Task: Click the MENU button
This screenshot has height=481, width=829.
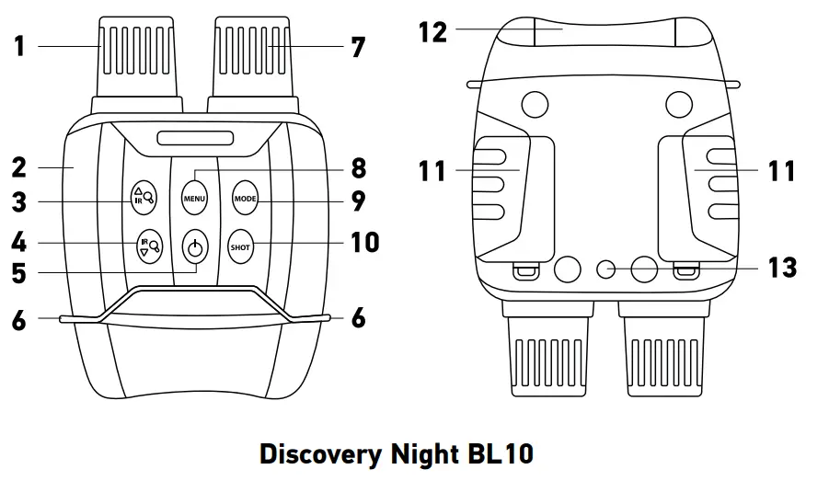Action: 194,197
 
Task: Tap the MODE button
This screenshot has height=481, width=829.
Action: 243,197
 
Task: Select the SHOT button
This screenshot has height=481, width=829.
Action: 240,246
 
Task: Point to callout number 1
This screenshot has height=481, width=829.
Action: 19,44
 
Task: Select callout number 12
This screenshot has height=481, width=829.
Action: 432,32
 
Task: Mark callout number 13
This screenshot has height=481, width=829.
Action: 782,269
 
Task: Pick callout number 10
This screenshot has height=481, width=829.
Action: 364,243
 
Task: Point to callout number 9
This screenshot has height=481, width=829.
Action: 359,200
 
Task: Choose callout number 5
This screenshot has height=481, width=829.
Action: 19,273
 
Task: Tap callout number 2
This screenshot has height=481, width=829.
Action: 19,167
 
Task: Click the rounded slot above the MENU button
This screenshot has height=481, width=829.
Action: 194,140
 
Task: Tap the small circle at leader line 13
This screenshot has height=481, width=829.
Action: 606,269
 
